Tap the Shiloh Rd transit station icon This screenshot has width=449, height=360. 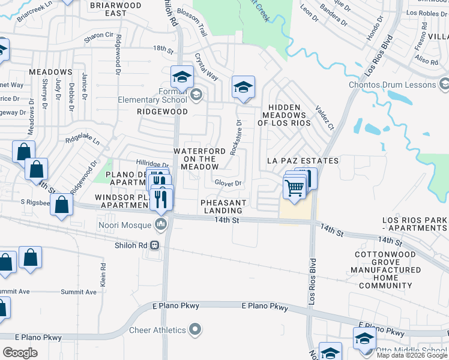tap(155, 245)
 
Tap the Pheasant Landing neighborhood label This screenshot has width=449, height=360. tap(223, 206)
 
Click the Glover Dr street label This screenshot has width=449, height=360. tap(228, 184)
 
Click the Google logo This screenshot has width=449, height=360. tap(20, 352)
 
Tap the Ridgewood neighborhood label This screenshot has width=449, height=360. tap(162, 112)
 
